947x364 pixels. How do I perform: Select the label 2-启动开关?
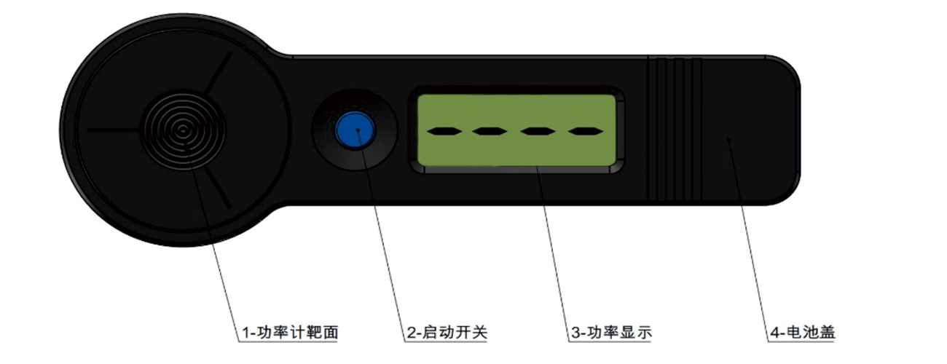coord(447,333)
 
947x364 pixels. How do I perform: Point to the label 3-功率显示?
coord(611,333)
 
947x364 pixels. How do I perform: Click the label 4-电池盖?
coord(802,333)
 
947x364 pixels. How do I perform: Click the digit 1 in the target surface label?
coord(245,333)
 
